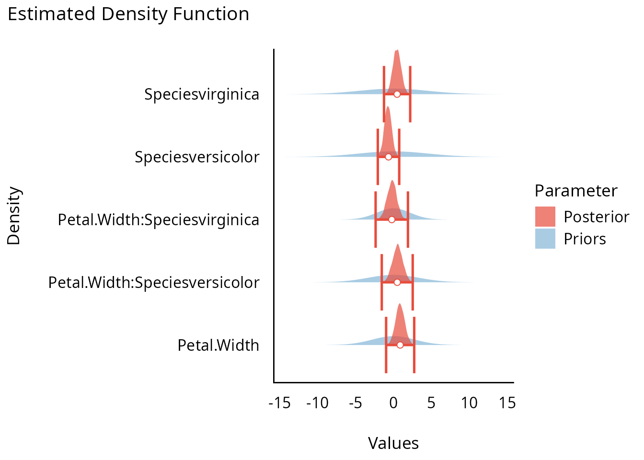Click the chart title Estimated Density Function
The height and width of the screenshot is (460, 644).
128,14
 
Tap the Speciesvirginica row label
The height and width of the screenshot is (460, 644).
202,94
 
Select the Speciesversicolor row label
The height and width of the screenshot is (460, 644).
197,157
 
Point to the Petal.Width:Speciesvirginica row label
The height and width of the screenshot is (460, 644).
159,220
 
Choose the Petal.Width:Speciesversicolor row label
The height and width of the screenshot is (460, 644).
154,283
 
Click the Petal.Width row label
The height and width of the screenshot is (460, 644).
218,345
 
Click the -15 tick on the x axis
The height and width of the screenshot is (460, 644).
280,403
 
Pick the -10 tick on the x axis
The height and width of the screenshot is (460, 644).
318,403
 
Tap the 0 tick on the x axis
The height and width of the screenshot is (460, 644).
393,403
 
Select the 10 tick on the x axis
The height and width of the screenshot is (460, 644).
470,403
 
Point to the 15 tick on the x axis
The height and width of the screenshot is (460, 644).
507,403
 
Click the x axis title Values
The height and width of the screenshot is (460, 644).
393,443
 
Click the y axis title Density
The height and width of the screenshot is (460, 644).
14,216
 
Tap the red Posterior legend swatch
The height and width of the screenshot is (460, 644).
545,217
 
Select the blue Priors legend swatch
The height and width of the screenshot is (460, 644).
545,239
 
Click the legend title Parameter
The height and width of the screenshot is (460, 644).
576,191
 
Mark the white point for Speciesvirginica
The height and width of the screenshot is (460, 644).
397,94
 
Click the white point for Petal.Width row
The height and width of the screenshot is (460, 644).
400,345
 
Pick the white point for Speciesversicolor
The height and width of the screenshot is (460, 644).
388,157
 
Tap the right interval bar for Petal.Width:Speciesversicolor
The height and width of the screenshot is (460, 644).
413,282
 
